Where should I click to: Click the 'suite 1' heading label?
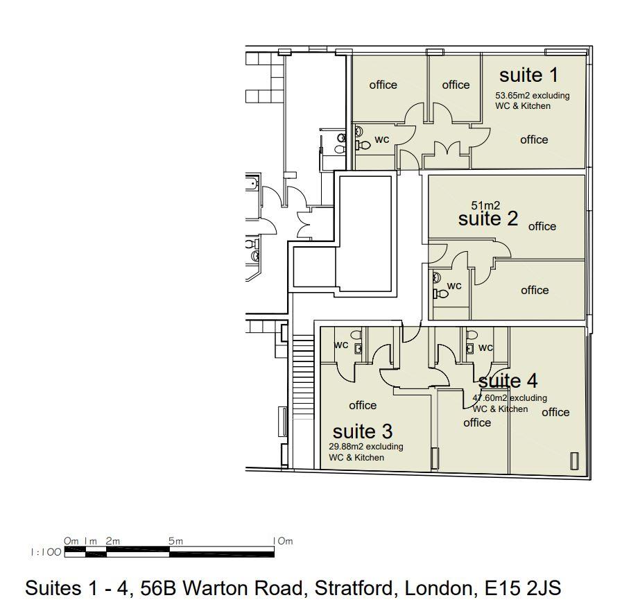tap(528, 75)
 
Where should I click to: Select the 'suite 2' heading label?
tap(488, 219)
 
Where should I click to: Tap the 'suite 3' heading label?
tap(363, 431)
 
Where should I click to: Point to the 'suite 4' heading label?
tap(508, 381)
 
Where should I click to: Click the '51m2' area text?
tap(485, 205)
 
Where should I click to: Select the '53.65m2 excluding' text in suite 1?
tap(532, 96)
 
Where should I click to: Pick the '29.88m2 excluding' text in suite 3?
tap(365, 447)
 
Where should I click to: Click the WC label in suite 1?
tap(382, 139)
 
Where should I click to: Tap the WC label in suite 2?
tap(454, 286)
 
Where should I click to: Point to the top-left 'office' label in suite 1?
tap(383, 85)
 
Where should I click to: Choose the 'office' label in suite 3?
tap(363, 405)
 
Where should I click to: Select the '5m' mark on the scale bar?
tap(175, 541)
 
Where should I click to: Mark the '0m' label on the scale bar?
tap(71, 541)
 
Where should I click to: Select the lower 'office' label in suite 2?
tap(535, 290)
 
